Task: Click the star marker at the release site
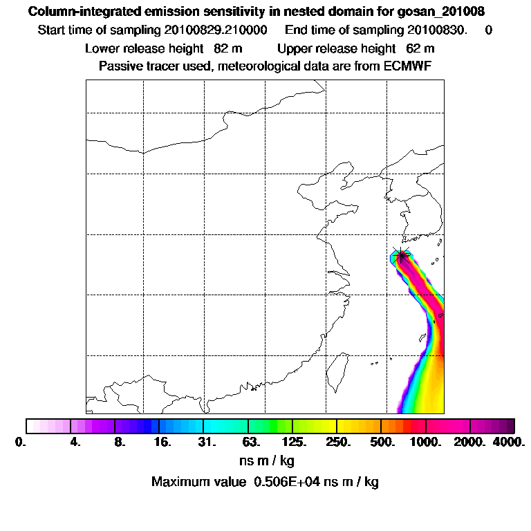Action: point(401,255)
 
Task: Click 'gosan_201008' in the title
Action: point(441,12)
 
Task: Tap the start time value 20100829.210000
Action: point(216,30)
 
